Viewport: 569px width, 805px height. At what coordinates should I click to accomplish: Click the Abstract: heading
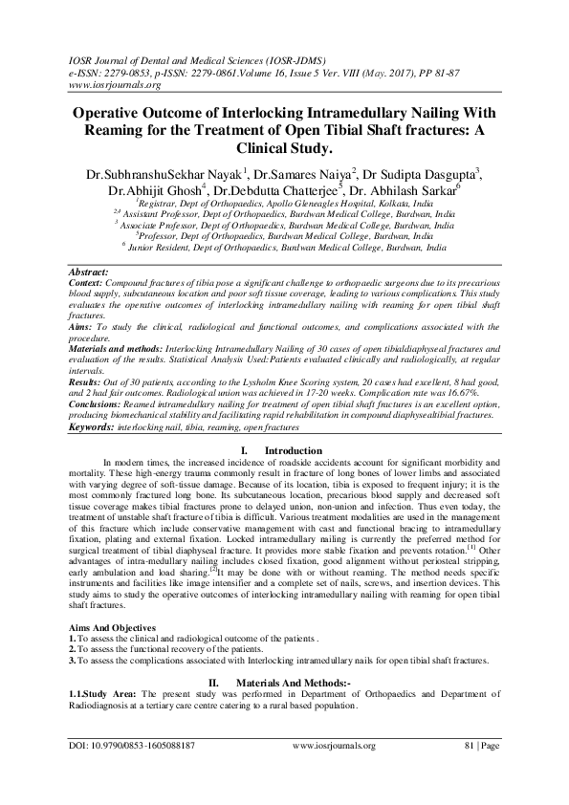(x=92, y=273)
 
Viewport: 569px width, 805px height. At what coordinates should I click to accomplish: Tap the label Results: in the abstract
(x=88, y=381)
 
